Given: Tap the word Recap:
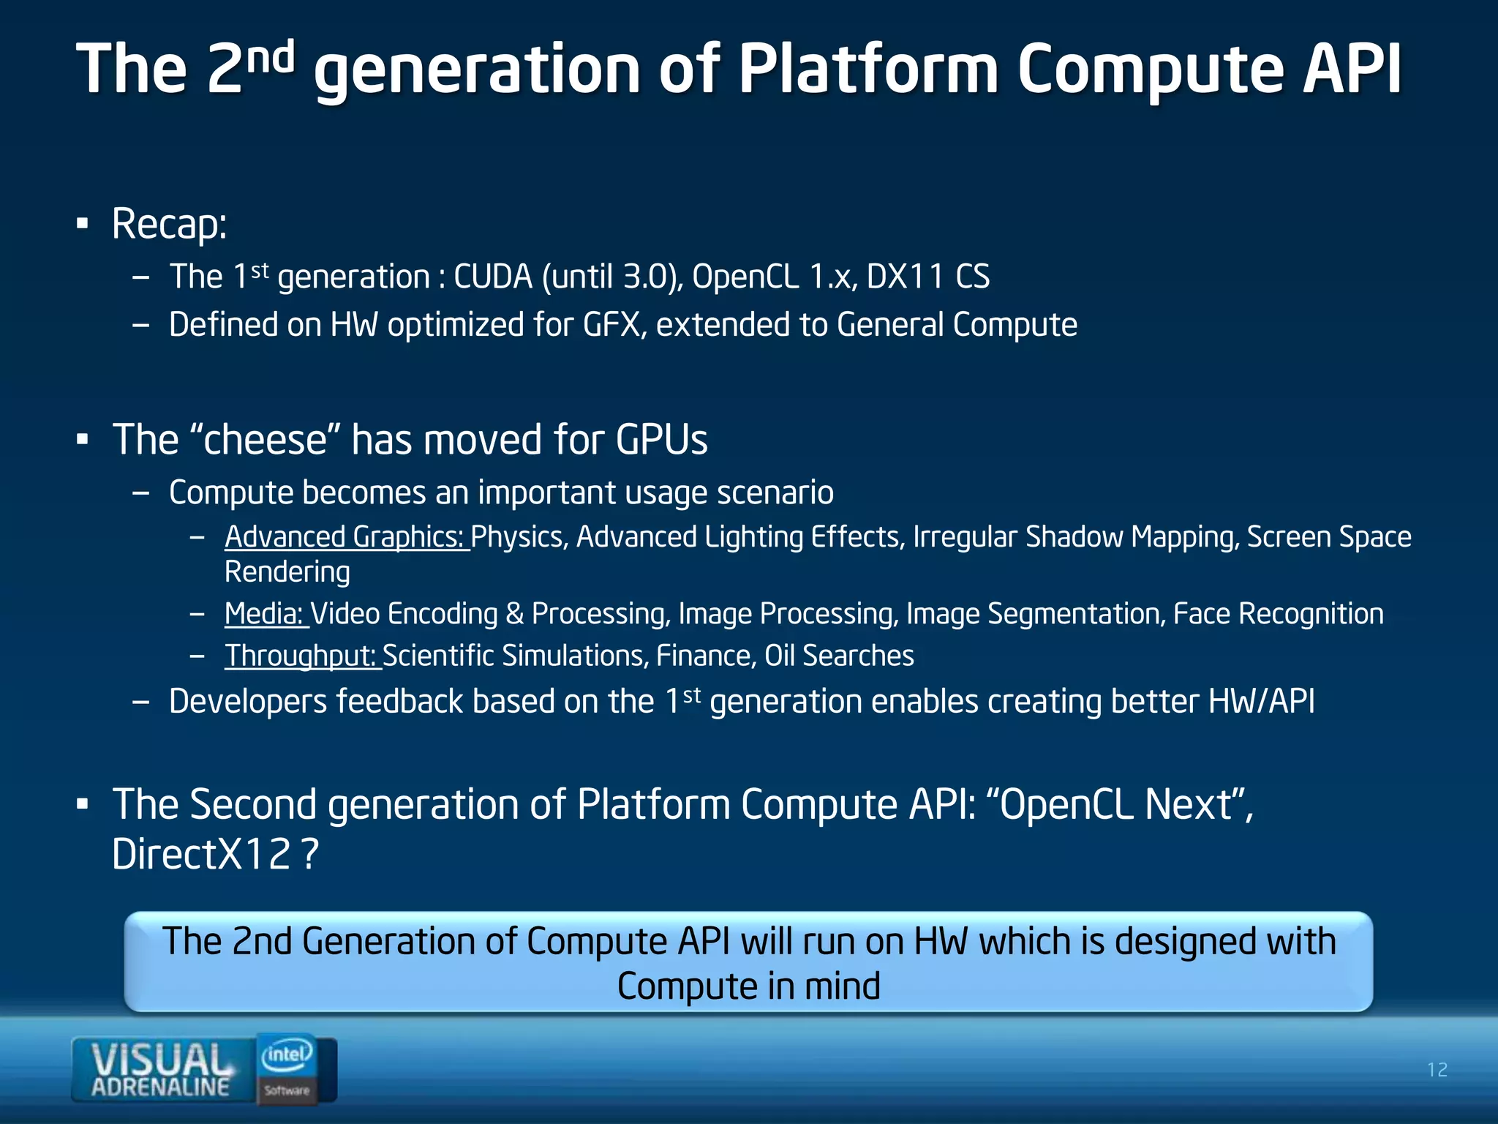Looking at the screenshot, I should pyautogui.click(x=169, y=224).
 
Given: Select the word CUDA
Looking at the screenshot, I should pyautogui.click(x=493, y=277).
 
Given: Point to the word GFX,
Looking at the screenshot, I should pyautogui.click(x=614, y=325).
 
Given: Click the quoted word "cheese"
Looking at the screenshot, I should pyautogui.click(x=265, y=440).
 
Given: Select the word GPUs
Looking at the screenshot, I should pyautogui.click(x=661, y=440).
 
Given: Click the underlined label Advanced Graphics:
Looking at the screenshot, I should pyautogui.click(x=345, y=537).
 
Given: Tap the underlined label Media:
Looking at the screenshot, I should pyautogui.click(x=265, y=614).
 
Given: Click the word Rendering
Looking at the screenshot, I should pyautogui.click(x=287, y=572).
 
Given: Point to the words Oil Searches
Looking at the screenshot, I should pyautogui.click(x=839, y=656).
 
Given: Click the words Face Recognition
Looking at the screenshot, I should pyautogui.click(x=1278, y=614).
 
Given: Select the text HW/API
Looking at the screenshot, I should pyautogui.click(x=1261, y=702).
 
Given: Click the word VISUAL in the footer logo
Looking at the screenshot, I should pyautogui.click(x=159, y=1058).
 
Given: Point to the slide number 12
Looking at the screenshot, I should pyautogui.click(x=1437, y=1070).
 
